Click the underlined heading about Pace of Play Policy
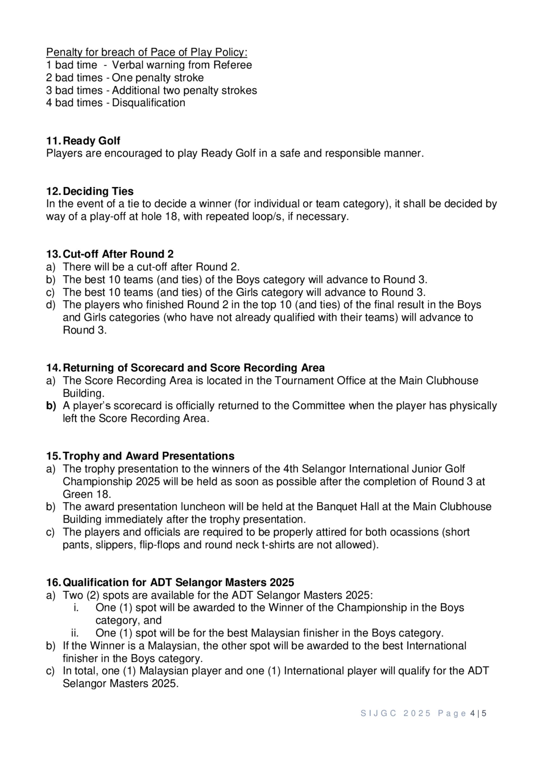tap(147, 52)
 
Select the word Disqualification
tap(149, 103)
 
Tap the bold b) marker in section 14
tap(51, 406)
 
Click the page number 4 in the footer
tap(472, 713)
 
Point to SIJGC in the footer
tap(378, 713)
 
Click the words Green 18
tap(86, 494)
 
